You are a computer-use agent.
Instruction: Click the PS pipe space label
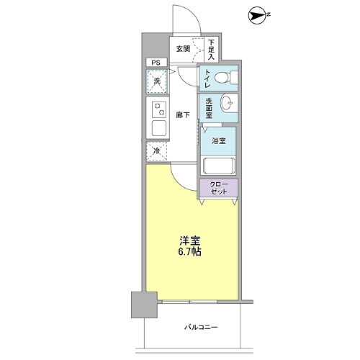153,63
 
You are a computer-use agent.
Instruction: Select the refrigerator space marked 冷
156,151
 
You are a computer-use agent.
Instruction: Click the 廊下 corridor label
183,114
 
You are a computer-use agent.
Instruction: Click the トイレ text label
207,78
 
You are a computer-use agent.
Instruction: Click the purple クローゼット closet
218,189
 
